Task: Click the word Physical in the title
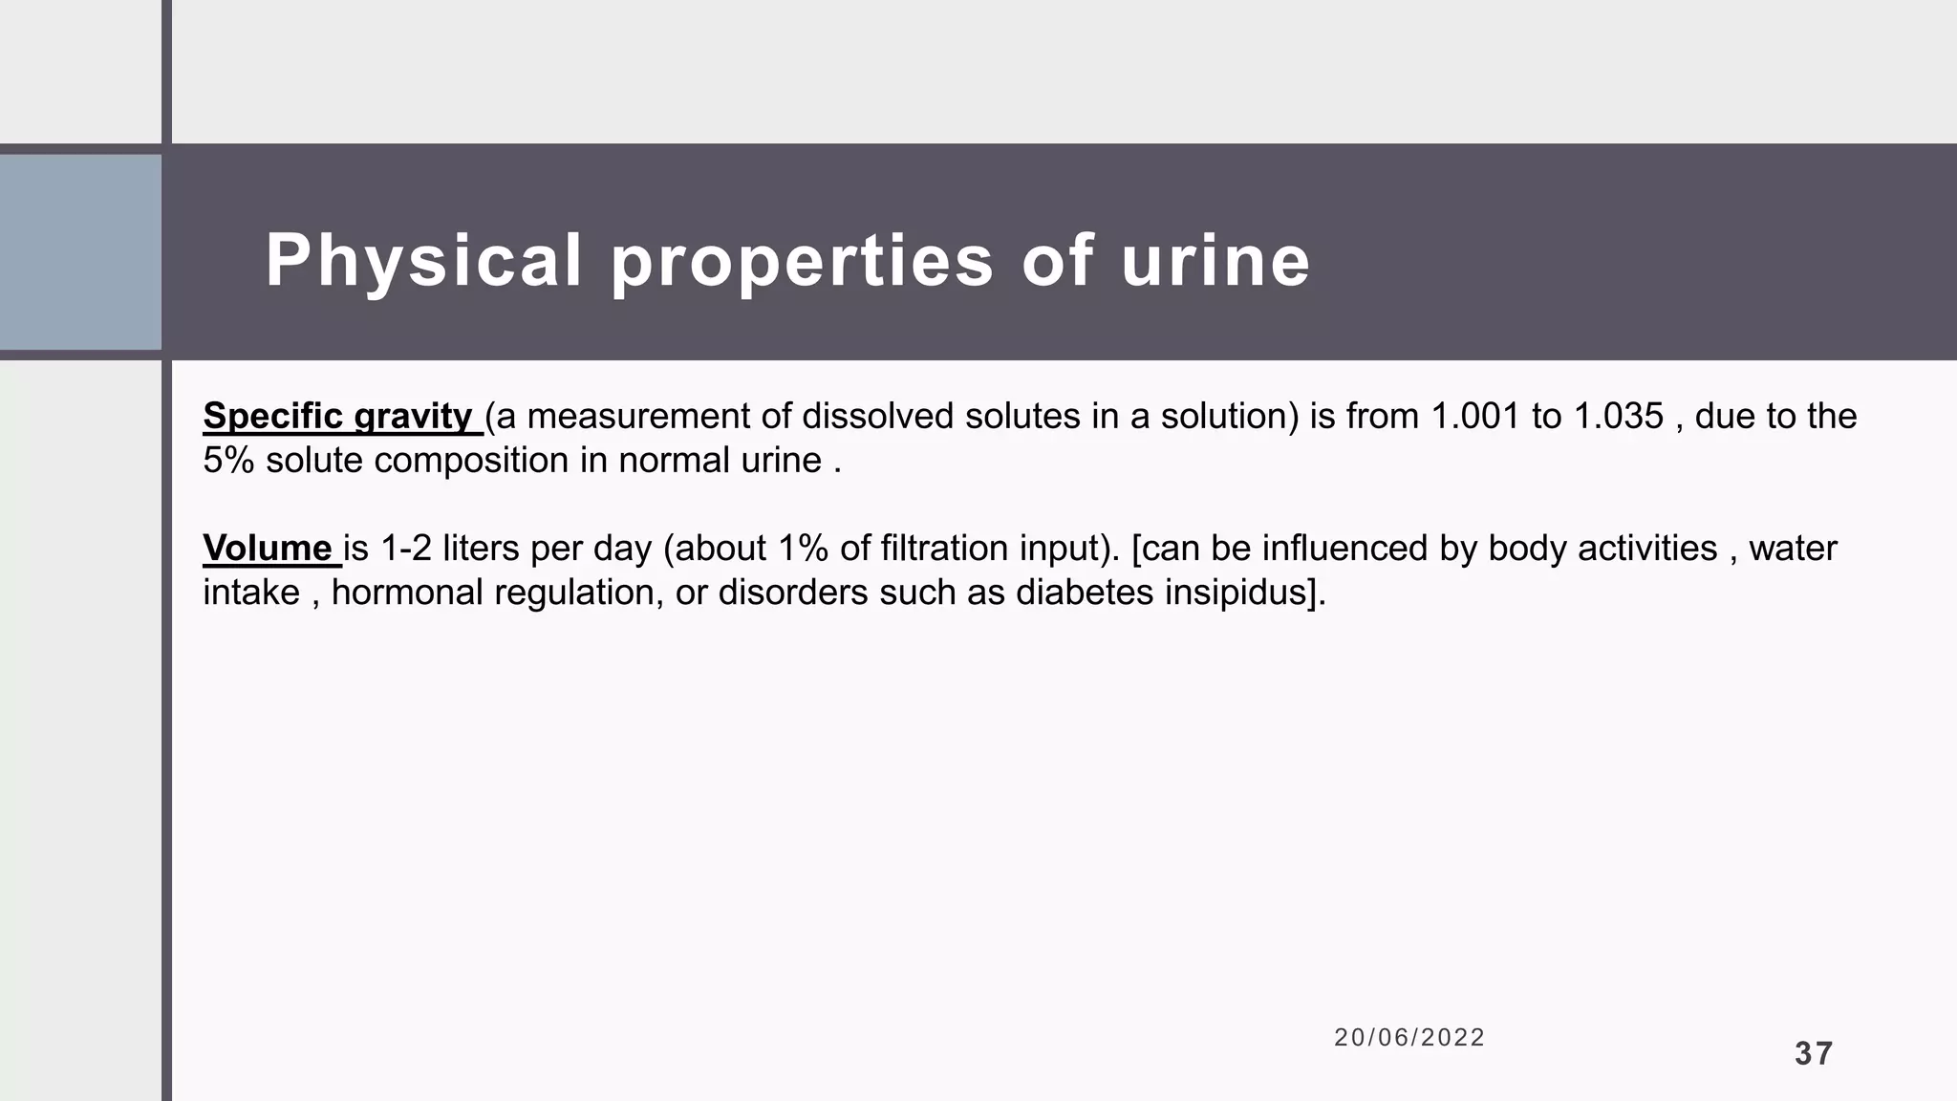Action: [423, 261]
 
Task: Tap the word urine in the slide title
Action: [1215, 261]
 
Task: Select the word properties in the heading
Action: [803, 261]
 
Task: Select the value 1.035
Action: [1619, 417]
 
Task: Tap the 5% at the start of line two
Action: [228, 461]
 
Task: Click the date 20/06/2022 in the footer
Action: [1409, 1038]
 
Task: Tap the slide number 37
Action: [1814, 1054]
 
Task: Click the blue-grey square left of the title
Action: [80, 251]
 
